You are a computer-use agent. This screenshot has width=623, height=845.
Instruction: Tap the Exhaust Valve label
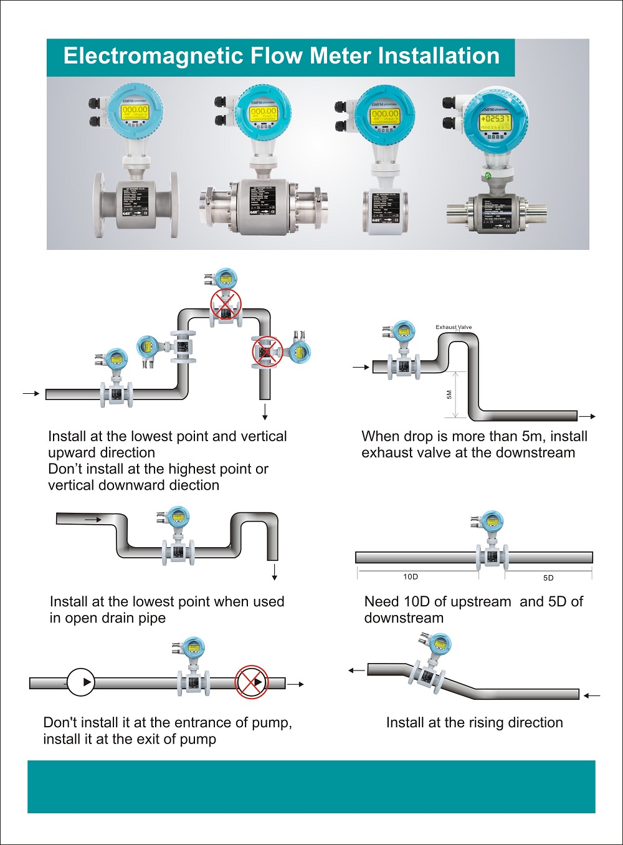click(454, 327)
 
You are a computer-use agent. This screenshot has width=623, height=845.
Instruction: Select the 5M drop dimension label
click(449, 395)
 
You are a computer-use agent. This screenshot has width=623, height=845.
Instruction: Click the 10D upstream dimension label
click(411, 577)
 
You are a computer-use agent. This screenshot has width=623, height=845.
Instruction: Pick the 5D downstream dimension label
click(548, 578)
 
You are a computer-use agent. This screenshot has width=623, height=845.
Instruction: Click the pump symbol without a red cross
click(81, 682)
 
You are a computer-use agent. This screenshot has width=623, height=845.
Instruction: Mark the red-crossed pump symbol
click(251, 682)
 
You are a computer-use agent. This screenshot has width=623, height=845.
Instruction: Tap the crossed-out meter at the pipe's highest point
click(225, 305)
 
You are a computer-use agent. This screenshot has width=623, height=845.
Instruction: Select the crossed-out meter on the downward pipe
click(267, 351)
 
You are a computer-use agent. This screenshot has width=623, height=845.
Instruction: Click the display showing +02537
click(495, 119)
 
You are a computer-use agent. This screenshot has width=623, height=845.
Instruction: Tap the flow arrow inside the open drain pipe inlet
click(93, 519)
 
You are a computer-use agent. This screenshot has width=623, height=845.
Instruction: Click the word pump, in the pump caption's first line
click(272, 723)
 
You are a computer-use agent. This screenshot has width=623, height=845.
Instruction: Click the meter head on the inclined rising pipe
click(439, 645)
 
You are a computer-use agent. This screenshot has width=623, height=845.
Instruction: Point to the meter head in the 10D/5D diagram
click(492, 521)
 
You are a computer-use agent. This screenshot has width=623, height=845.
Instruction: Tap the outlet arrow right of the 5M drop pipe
click(587, 416)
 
